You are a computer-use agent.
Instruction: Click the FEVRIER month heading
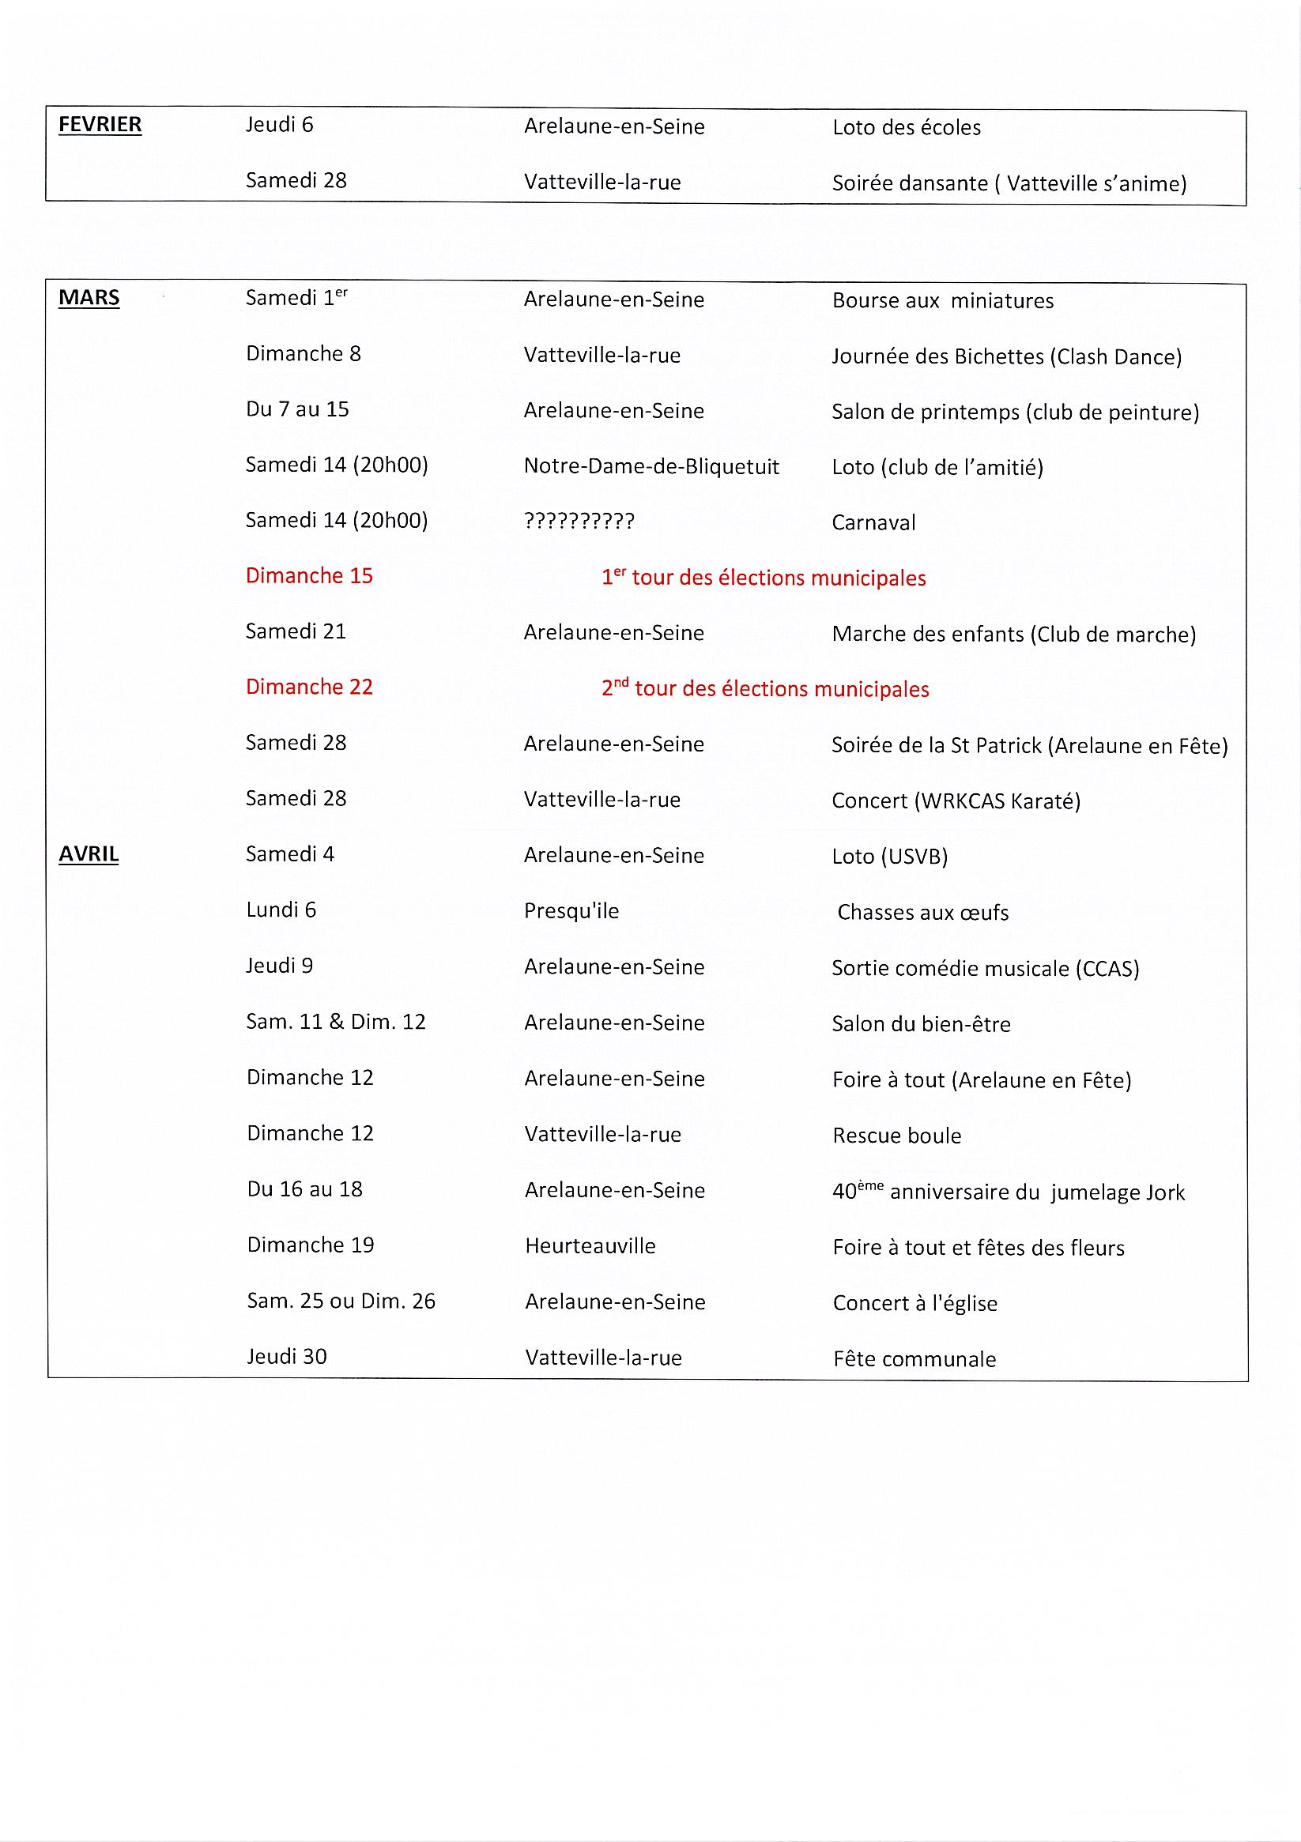click(100, 125)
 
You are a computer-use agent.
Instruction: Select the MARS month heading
click(89, 299)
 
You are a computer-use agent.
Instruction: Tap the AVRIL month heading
click(89, 854)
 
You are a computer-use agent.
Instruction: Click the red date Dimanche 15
click(309, 576)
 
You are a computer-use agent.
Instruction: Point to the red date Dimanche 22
click(309, 687)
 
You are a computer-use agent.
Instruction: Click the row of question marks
click(579, 522)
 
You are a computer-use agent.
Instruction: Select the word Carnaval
click(873, 523)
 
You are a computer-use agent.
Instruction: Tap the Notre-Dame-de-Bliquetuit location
click(651, 466)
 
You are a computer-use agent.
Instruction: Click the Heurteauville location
click(590, 1246)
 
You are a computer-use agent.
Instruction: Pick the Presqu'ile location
click(571, 911)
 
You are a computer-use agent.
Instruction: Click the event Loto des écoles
click(906, 127)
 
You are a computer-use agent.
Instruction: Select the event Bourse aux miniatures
click(942, 301)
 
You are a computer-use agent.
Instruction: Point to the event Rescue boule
click(896, 1136)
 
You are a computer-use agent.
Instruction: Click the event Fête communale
click(914, 1359)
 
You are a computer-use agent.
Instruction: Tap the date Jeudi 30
click(287, 1357)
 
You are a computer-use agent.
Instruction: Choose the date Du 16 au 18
click(304, 1189)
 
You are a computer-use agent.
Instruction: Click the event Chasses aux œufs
click(922, 913)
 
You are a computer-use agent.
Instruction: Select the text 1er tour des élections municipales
click(764, 578)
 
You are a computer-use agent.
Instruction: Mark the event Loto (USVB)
click(889, 857)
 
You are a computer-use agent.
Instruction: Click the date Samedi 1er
click(296, 298)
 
